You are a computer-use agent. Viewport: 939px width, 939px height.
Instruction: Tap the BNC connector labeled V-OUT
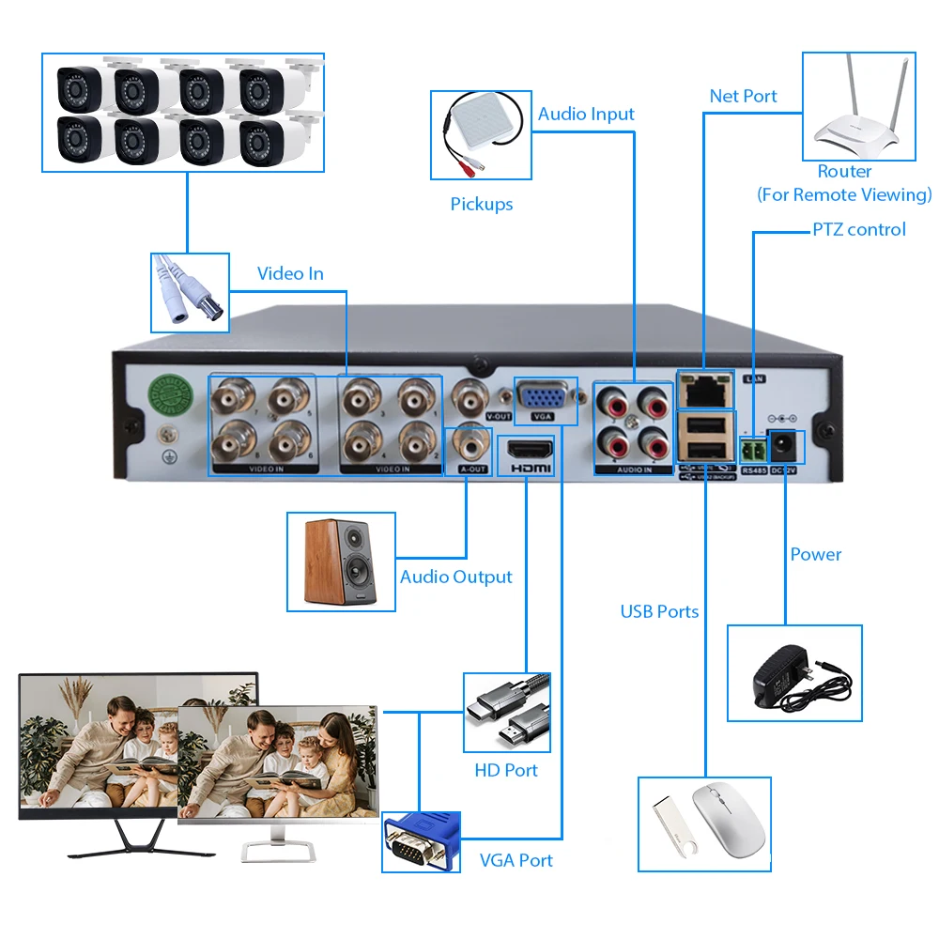tap(471, 394)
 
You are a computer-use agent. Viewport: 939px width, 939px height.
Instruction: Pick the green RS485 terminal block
tap(753, 447)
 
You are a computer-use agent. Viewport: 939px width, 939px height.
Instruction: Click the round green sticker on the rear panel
tap(168, 396)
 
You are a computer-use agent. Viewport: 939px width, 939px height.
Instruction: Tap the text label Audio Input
tap(586, 114)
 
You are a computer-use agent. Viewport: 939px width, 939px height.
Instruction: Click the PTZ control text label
tap(859, 229)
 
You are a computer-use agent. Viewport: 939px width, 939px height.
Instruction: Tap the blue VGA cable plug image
tap(422, 841)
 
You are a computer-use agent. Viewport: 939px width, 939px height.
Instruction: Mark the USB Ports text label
tap(659, 611)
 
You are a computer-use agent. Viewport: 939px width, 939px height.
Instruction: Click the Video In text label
tap(290, 273)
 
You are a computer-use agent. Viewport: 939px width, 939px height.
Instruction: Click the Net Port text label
tap(743, 96)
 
